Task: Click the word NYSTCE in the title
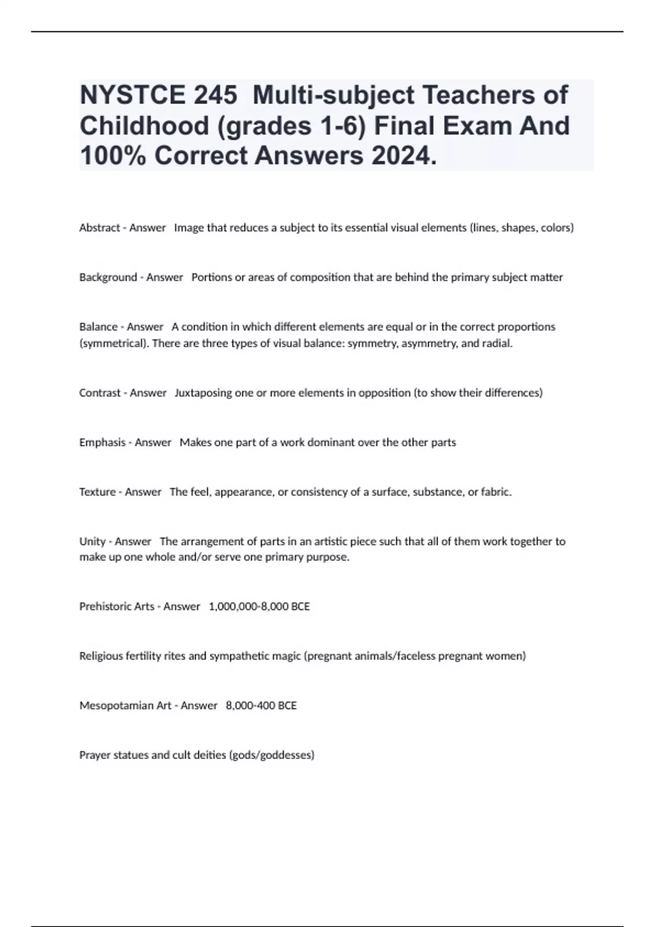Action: pyautogui.click(x=133, y=95)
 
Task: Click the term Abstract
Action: pyautogui.click(x=99, y=228)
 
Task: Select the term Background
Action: pyautogui.click(x=108, y=278)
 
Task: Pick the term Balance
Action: pyautogui.click(x=98, y=327)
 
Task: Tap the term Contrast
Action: pyautogui.click(x=100, y=393)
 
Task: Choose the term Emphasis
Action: pyautogui.click(x=102, y=443)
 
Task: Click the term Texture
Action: pyautogui.click(x=97, y=492)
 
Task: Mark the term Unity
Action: pyautogui.click(x=92, y=542)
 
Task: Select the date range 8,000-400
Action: pyautogui.click(x=251, y=706)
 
